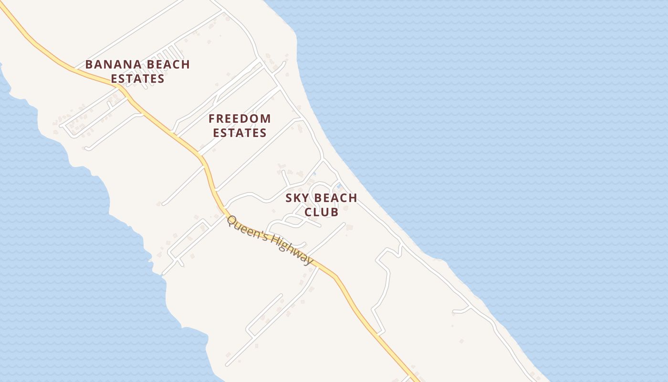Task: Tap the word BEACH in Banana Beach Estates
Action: point(167,64)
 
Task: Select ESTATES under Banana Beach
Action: point(138,79)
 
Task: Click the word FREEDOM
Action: point(240,118)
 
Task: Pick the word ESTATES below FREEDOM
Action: point(240,133)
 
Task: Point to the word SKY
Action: point(296,198)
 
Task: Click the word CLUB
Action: point(322,212)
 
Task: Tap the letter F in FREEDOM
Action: point(212,118)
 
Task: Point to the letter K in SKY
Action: point(296,198)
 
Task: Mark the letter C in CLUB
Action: point(308,212)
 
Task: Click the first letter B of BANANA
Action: point(89,64)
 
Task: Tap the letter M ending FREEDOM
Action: point(266,118)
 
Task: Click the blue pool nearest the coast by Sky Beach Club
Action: point(339,185)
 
